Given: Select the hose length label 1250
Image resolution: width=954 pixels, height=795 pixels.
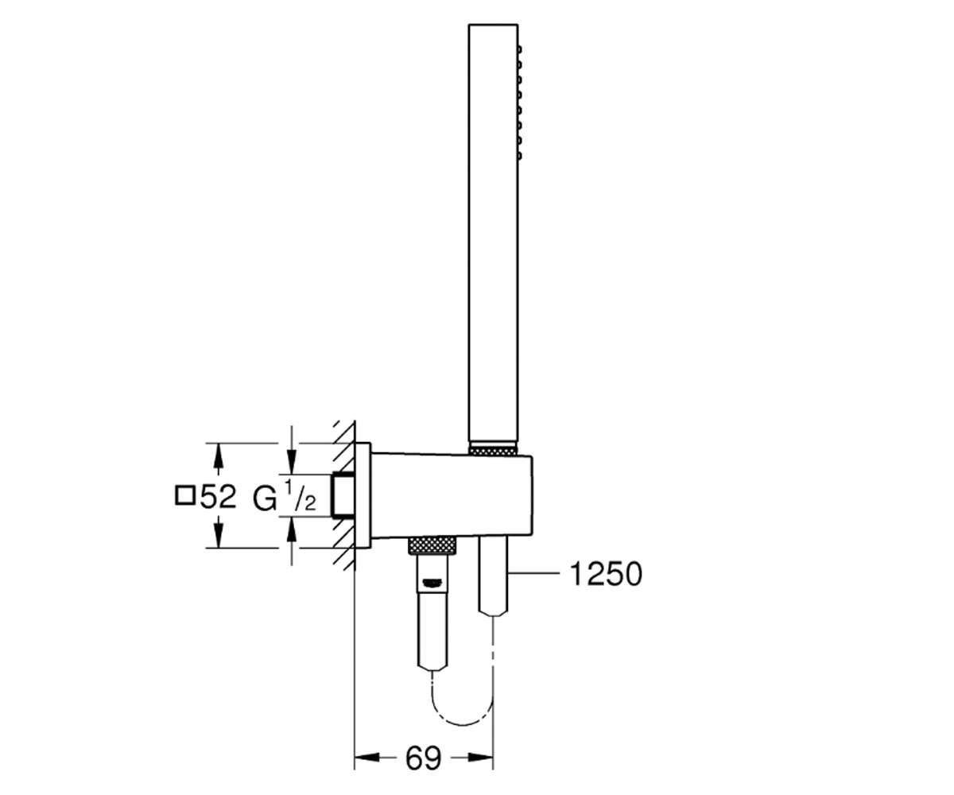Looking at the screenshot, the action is coord(606,574).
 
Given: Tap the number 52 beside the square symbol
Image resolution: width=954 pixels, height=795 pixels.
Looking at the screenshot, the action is coord(218,496).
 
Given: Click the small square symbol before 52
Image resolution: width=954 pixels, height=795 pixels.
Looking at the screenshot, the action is coord(184,496).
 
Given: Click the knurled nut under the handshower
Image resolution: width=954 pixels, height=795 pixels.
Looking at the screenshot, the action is coord(493,451).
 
